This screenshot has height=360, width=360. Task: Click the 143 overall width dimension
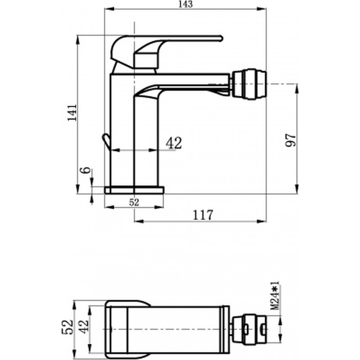[186, 4]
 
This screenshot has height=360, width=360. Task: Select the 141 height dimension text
[72, 112]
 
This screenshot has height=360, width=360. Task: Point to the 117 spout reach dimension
[203, 215]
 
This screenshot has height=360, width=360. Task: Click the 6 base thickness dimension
[85, 170]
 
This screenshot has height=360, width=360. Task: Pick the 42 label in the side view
[174, 143]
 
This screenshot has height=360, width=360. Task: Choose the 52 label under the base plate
[134, 202]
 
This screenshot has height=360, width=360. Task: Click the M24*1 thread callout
[274, 296]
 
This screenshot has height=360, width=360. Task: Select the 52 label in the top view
[67, 327]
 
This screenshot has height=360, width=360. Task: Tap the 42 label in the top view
[84, 327]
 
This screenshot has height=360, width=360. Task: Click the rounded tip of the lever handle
[221, 38]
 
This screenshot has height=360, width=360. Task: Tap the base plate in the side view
[134, 190]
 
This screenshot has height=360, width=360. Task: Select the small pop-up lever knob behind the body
[106, 142]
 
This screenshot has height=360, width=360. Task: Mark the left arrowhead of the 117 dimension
[139, 221]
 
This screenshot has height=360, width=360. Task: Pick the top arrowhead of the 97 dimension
[297, 89]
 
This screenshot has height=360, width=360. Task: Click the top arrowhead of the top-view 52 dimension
[74, 305]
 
